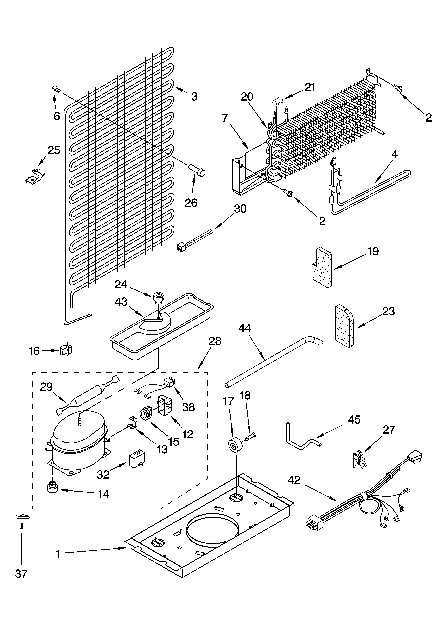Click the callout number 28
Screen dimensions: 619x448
click(215, 341)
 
